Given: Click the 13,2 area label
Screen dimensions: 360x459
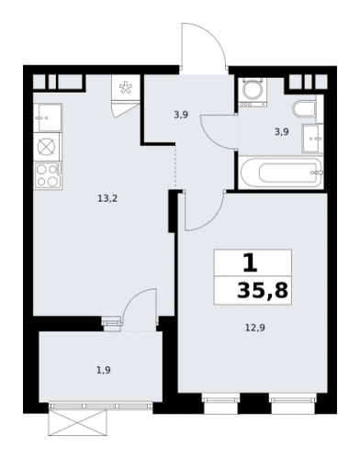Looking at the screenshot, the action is pyautogui.click(x=107, y=199).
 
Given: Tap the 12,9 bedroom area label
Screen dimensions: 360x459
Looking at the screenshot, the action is pyautogui.click(x=255, y=328).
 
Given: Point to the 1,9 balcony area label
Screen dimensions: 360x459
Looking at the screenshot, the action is pyautogui.click(x=104, y=370).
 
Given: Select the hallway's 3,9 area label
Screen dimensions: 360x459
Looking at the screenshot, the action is pyautogui.click(x=181, y=115).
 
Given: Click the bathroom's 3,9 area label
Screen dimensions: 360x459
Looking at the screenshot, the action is pyautogui.click(x=282, y=132).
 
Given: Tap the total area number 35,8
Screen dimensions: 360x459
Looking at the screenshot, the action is pyautogui.click(x=263, y=290).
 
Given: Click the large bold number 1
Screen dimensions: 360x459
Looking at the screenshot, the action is pyautogui.click(x=251, y=264).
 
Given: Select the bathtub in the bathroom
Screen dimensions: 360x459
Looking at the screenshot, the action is pyautogui.click(x=282, y=173).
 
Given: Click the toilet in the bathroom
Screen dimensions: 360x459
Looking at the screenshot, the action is pyautogui.click(x=304, y=109).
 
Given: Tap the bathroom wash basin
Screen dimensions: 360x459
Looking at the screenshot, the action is pyautogui.click(x=312, y=139).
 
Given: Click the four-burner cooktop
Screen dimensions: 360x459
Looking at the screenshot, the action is pyautogui.click(x=48, y=175).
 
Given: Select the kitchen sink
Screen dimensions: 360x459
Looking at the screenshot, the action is pyautogui.click(x=48, y=118).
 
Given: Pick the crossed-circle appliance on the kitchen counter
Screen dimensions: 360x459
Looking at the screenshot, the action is pyautogui.click(x=47, y=147).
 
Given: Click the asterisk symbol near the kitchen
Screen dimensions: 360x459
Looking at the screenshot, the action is pyautogui.click(x=125, y=87).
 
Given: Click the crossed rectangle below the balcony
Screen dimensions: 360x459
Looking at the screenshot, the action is pyautogui.click(x=78, y=422).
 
